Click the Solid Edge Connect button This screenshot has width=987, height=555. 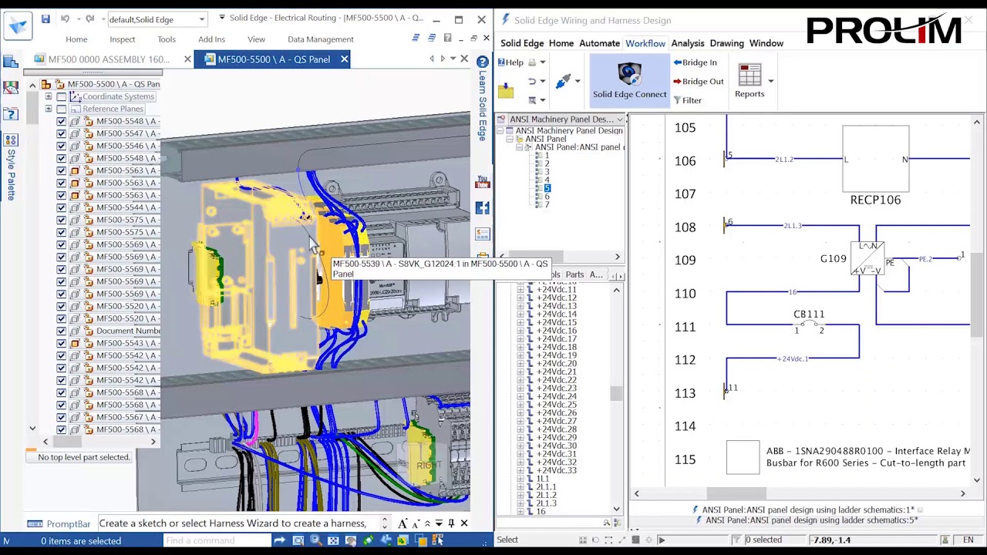tap(629, 81)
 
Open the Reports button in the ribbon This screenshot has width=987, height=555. tap(749, 81)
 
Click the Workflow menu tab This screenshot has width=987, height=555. tap(645, 43)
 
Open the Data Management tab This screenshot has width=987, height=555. tap(320, 39)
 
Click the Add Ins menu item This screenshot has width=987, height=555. tap(211, 39)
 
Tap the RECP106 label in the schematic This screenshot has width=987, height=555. tap(875, 200)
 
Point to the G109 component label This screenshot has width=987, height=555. tap(833, 259)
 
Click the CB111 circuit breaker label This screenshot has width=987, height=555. tap(809, 314)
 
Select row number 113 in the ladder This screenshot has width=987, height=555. tap(685, 393)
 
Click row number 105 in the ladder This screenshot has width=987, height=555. tap(685, 128)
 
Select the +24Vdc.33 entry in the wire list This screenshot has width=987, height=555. tap(556, 470)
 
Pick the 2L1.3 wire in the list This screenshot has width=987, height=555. tap(546, 503)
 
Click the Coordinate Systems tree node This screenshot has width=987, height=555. tap(118, 96)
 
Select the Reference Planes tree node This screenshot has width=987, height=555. tap(113, 109)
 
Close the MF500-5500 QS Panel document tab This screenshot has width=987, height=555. tap(344, 59)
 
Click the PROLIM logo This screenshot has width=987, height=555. tap(884, 31)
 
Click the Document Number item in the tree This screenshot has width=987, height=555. tap(128, 331)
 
